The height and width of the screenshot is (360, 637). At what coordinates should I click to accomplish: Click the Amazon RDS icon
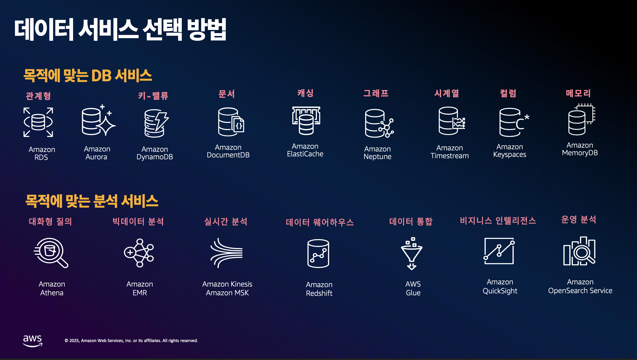(38, 122)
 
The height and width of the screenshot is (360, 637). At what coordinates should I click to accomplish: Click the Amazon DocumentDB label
(228, 151)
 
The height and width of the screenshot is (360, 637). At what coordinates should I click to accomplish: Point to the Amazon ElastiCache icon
(306, 120)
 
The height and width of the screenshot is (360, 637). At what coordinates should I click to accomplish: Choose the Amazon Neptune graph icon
(379, 123)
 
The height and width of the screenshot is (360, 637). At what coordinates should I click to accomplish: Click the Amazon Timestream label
(449, 152)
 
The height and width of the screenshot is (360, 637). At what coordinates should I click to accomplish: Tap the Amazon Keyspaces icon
(514, 122)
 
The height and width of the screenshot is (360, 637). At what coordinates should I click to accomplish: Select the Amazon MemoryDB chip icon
(581, 119)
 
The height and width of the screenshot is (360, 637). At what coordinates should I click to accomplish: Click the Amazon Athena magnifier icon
(51, 253)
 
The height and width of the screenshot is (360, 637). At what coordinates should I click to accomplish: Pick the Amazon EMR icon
(139, 253)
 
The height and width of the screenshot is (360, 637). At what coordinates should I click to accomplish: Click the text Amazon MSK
(227, 293)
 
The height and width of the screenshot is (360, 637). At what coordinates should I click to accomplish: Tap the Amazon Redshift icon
(318, 253)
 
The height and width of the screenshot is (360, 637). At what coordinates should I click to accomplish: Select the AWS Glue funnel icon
(412, 253)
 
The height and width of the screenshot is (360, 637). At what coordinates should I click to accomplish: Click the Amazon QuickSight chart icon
(499, 251)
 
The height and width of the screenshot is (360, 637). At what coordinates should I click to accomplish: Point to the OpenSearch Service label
(580, 291)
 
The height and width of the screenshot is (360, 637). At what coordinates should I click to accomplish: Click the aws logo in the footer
(32, 341)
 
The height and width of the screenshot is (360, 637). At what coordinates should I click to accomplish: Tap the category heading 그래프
(376, 93)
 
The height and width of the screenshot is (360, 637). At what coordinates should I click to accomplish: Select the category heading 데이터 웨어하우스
(320, 222)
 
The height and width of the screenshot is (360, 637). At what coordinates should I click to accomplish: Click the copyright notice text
(131, 341)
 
